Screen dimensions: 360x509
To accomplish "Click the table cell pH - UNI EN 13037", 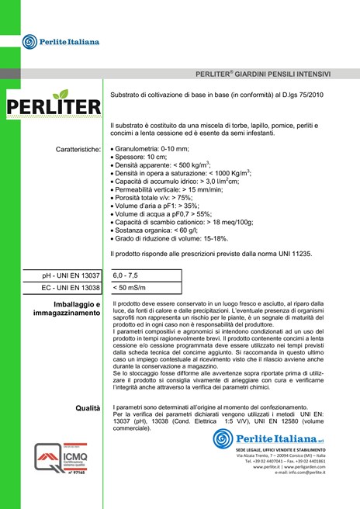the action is [71, 275].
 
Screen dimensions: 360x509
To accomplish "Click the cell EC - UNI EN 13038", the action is [70, 288].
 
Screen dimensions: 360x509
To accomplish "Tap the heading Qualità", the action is [88, 408].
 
